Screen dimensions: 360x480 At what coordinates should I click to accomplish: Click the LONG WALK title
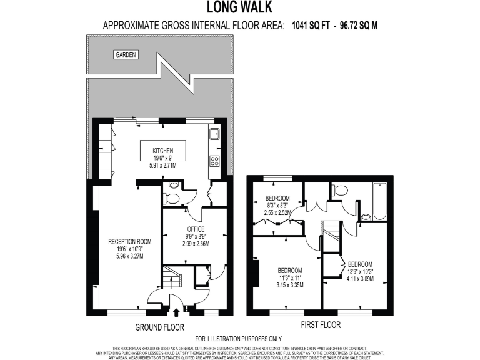pos(239,7)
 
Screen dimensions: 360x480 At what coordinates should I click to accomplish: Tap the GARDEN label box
pos(126,55)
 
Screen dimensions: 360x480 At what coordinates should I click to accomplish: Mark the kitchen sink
pos(214,133)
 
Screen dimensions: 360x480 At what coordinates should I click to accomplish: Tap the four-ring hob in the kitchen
pos(214,161)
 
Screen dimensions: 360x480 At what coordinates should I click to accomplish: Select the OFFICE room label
pos(196,229)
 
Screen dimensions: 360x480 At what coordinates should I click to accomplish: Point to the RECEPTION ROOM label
pos(130,241)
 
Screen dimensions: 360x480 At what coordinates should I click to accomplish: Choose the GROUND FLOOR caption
pos(159,327)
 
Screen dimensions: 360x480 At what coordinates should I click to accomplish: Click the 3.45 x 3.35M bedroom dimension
pos(291,285)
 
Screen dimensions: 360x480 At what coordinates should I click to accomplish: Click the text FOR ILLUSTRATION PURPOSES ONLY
pos(239,338)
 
